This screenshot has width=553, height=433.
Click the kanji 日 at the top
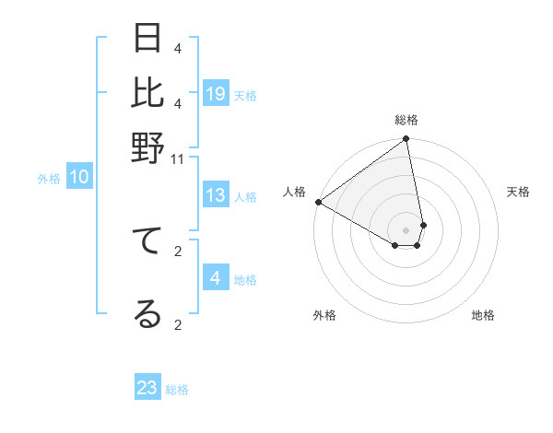[x=147, y=39]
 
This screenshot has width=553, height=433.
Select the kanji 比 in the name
[x=147, y=92]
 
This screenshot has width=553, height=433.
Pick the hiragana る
[x=147, y=313]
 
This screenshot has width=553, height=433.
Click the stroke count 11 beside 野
[x=178, y=158]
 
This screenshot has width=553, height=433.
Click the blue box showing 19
[x=216, y=93]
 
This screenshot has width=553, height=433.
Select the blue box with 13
[x=216, y=194]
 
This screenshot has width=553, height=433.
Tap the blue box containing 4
[x=216, y=278]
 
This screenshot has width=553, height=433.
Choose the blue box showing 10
[x=79, y=178]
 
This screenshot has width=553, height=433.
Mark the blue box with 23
[x=147, y=388]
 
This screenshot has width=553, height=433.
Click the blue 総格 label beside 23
[x=177, y=390]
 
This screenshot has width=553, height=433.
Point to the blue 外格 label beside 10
[x=49, y=179]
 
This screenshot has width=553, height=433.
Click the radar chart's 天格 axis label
[x=518, y=192]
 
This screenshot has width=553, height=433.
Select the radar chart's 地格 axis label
[x=483, y=315]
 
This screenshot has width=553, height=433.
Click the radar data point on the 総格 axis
[x=406, y=140]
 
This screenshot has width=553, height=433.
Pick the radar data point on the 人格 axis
[x=318, y=202]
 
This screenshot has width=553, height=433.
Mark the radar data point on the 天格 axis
[x=423, y=225]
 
